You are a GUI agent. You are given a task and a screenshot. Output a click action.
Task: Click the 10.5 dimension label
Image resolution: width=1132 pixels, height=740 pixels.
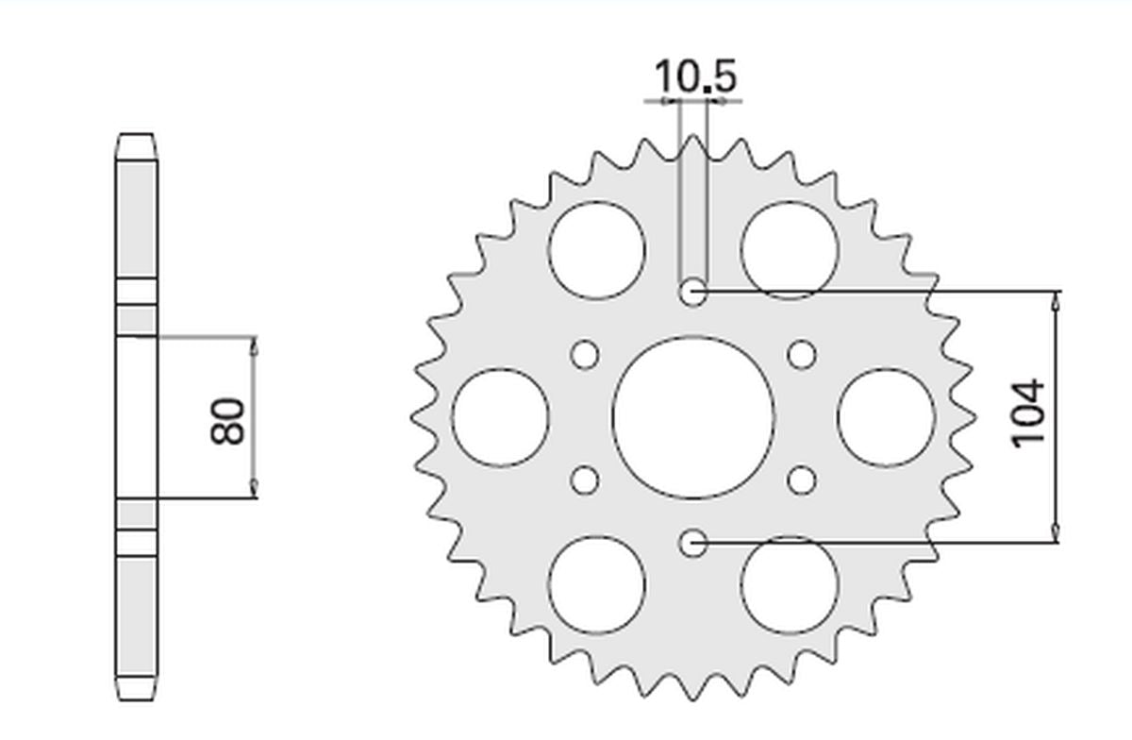pos(694,76)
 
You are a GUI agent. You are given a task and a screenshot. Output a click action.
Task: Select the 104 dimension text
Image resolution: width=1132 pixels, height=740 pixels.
pos(1027,413)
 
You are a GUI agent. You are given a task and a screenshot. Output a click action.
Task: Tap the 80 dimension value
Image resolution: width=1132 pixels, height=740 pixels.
pos(229,421)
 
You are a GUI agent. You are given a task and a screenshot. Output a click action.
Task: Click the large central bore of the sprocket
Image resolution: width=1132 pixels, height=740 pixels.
pos(693,416)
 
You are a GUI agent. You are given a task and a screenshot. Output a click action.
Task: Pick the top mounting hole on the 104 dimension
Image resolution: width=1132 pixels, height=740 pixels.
pos(693,292)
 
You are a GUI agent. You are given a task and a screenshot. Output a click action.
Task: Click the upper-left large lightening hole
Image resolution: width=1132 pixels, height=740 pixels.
pos(596,250)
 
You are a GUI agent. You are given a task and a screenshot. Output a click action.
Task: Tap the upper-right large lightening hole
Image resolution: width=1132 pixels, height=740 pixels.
pos(790,250)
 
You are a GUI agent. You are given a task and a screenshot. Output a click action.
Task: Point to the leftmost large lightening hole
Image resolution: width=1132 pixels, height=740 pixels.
pos(500,417)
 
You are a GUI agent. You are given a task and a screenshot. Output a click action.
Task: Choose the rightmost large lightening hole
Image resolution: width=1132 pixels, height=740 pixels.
pos(886,417)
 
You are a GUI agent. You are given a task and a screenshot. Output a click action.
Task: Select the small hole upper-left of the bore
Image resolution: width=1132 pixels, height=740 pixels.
pos(586,355)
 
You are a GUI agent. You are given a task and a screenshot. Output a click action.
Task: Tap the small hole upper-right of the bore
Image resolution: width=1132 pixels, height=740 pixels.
pos(802,355)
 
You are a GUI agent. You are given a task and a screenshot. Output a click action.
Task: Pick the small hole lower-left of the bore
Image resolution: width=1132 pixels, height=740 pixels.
pos(586,479)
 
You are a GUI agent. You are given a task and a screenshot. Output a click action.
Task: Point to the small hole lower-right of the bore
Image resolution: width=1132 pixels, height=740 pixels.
pos(802,479)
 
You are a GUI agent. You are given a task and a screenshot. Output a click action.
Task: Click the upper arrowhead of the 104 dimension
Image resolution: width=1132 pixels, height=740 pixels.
pos(1056,300)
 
